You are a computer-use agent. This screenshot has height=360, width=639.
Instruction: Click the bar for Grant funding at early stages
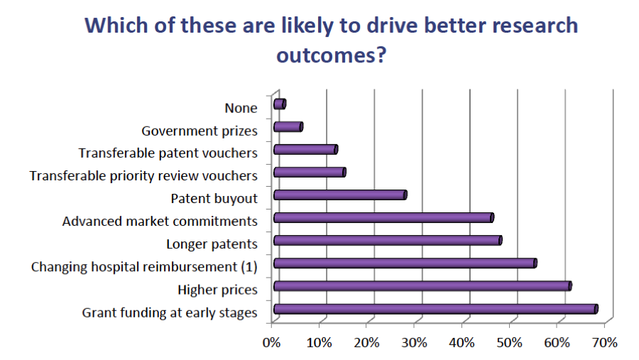pyautogui.click(x=435, y=309)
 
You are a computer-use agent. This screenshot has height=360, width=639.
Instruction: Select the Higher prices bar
pyautogui.click(x=422, y=286)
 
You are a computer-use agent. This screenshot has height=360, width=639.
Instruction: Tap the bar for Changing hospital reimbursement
pyautogui.click(x=404, y=263)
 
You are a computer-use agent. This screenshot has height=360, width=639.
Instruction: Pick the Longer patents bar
pyautogui.click(x=387, y=241)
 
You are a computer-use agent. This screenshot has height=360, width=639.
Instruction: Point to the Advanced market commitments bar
pyautogui.click(x=383, y=218)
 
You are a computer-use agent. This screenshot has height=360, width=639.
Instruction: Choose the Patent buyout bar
pyautogui.click(x=339, y=195)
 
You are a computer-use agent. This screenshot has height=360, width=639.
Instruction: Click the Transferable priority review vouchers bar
pyautogui.click(x=309, y=173)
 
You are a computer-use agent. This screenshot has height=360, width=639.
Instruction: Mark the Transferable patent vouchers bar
pyautogui.click(x=305, y=150)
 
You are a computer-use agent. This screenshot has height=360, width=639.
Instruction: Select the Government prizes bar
pyautogui.click(x=288, y=127)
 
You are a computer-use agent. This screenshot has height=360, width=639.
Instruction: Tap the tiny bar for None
pyautogui.click(x=279, y=104)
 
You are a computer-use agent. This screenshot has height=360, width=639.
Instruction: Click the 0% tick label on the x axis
pyautogui.click(x=272, y=343)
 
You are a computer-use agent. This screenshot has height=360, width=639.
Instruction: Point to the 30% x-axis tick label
pyautogui.click(x=415, y=343)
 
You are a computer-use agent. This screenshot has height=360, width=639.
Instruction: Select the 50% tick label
pyautogui.click(x=510, y=343)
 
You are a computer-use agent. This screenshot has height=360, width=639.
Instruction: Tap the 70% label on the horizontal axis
pyautogui.click(x=605, y=343)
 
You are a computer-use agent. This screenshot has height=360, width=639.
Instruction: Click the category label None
pyautogui.click(x=241, y=109)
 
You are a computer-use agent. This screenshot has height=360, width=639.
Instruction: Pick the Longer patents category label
pyautogui.click(x=212, y=245)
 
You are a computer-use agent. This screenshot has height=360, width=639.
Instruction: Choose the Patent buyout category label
pyautogui.click(x=214, y=200)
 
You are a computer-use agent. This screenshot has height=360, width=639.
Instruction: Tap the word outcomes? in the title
pyautogui.click(x=330, y=55)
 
